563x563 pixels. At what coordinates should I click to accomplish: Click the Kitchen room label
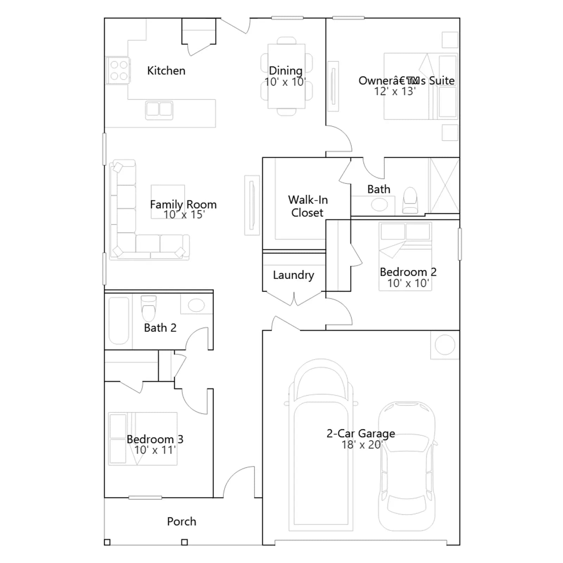coord(166,71)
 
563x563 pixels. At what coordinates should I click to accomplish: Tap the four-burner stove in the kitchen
coord(118,70)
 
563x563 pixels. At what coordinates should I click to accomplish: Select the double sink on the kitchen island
coord(159,109)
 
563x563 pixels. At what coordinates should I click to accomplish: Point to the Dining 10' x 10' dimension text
coord(285,82)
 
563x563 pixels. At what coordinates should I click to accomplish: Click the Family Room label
coord(183,204)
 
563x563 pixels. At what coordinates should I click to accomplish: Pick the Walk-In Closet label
coord(308,206)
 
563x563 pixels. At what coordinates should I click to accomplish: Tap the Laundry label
coord(293,275)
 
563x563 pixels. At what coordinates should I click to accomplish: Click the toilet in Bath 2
coord(148,308)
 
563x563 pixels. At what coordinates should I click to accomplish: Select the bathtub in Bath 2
coord(119,321)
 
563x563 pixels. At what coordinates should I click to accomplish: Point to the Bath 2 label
coord(160,328)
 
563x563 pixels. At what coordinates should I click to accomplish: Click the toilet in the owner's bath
coord(410,200)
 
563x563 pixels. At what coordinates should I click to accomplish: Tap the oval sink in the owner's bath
coord(379,204)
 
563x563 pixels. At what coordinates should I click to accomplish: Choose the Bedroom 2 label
coord(408,272)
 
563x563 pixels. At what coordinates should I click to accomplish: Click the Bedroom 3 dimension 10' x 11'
coord(155,450)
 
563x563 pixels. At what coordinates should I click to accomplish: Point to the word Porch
coord(182,521)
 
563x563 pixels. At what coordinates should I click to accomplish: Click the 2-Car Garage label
coord(361,434)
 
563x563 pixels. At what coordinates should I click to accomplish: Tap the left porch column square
coord(107,542)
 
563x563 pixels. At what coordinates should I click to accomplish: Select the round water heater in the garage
coord(445,345)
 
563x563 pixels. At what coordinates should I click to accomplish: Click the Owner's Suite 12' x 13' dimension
coord(395,91)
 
